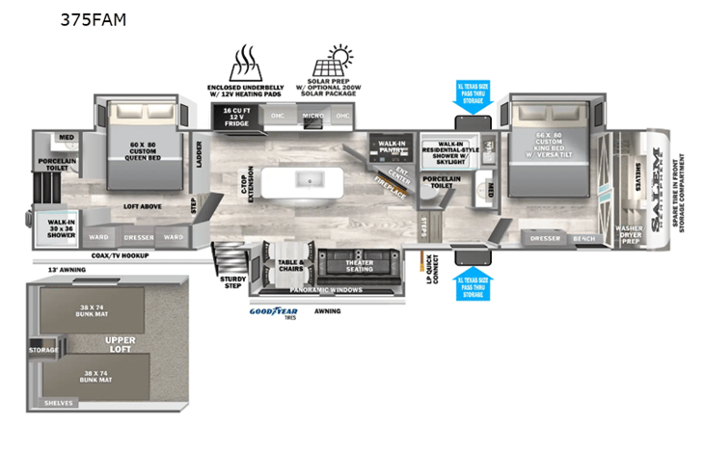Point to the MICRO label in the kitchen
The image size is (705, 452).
[312, 116]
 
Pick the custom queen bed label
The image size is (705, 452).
[143, 150]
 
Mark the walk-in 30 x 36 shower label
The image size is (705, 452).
[62, 227]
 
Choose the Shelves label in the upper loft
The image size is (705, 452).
[58, 403]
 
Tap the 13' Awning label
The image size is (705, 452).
[66, 270]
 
